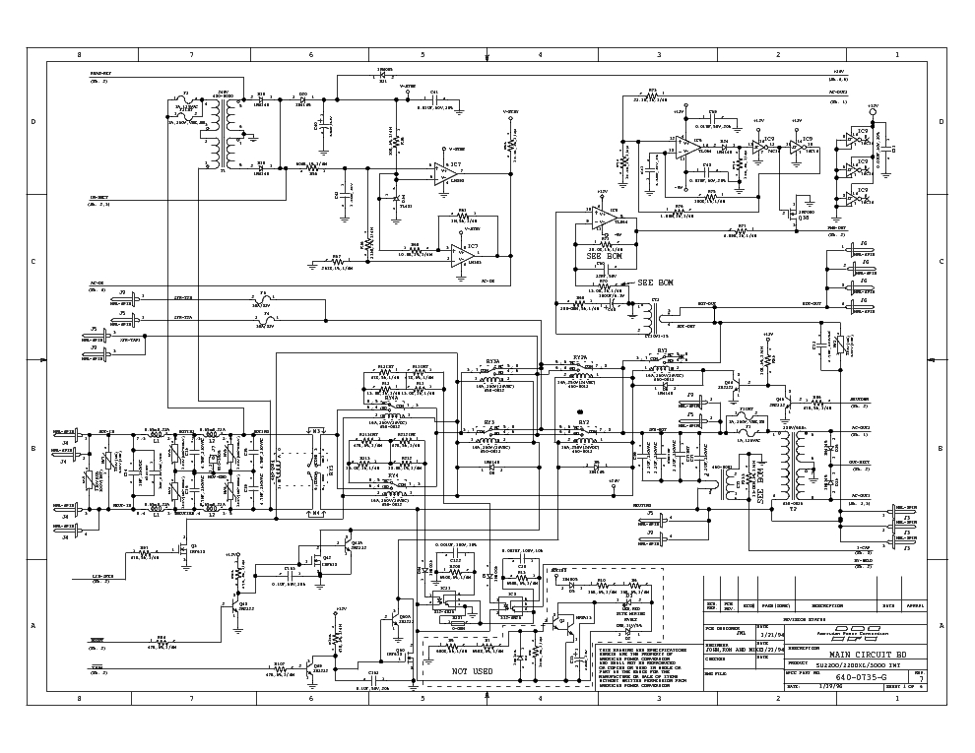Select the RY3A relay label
[x=492, y=361]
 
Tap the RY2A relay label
[x=580, y=358]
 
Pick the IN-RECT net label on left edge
[x=99, y=198]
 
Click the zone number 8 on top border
[x=80, y=55]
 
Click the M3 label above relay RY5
[x=316, y=430]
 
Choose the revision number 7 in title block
[x=921, y=679]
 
